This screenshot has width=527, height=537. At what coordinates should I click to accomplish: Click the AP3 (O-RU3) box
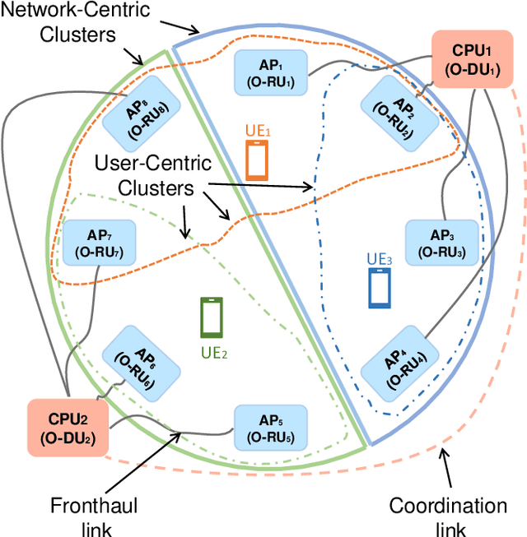442,241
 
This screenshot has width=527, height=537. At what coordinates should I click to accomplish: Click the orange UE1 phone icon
257,160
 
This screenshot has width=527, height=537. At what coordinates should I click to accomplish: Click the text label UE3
380,257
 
